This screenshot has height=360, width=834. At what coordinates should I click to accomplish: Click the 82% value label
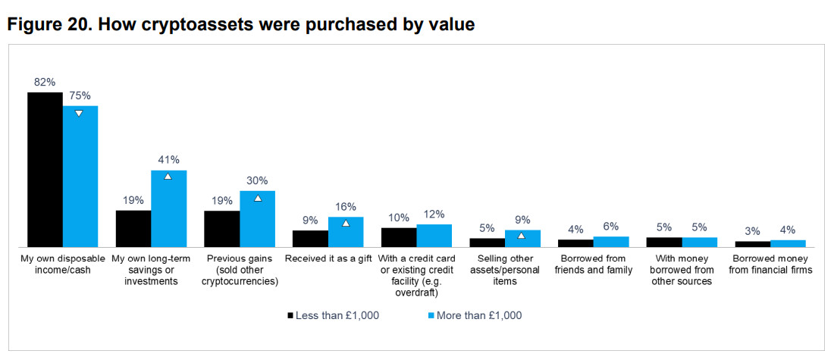pos(45,82)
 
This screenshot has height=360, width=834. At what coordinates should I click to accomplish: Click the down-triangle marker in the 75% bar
pos(79,114)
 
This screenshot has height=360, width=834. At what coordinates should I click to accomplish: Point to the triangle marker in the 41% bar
pos(168,176)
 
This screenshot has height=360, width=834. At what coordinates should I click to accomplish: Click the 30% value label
pos(257,180)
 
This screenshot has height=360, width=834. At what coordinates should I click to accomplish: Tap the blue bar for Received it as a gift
pos(346,232)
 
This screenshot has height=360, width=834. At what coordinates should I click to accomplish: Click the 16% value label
pos(345,206)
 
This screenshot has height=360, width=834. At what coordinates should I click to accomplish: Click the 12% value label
pos(434,214)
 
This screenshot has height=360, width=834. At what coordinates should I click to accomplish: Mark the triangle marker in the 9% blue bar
pos(522,236)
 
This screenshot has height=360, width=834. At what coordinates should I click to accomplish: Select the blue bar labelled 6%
pos(611,242)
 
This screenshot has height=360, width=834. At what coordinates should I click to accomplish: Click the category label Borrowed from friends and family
pos(594,265)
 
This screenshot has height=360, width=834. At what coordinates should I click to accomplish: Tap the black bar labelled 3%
pos(753,244)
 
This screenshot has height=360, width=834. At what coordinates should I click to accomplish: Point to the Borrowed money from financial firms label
pos(770,265)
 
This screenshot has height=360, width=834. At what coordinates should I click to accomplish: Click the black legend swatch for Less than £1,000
pos(290,315)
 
